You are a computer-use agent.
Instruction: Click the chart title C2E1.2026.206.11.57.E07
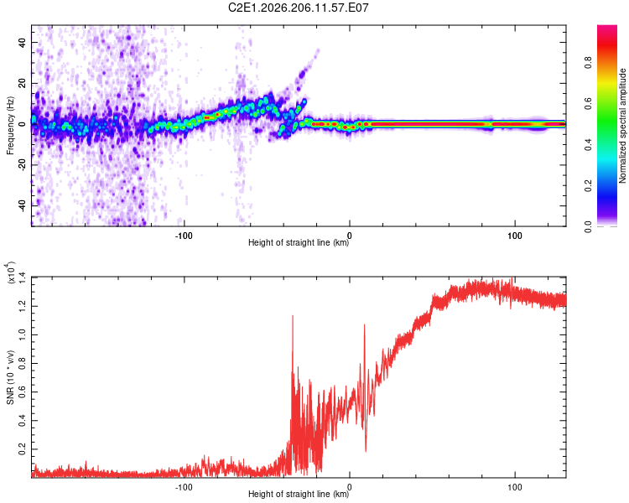click(298, 8)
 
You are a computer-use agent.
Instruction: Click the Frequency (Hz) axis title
click(10, 126)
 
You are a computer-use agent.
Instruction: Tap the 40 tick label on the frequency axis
click(22, 42)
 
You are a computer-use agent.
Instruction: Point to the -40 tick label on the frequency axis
click(22, 206)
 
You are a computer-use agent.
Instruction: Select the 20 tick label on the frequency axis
click(22, 83)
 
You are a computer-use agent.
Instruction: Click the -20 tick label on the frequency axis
click(22, 165)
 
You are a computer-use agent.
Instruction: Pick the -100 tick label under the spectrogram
click(184, 236)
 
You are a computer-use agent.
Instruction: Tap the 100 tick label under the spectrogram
click(515, 236)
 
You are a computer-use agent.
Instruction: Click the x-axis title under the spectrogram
click(299, 242)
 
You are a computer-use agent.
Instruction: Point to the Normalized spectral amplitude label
click(622, 126)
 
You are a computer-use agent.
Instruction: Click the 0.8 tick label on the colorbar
click(588, 63)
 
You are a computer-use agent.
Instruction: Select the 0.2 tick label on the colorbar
click(588, 186)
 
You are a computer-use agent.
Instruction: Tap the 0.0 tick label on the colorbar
click(588, 227)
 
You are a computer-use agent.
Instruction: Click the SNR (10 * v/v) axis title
click(10, 377)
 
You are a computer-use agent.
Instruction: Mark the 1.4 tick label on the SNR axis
click(22, 277)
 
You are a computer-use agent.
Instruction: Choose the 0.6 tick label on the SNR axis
click(22, 392)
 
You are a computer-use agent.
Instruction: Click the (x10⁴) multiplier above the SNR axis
click(10, 272)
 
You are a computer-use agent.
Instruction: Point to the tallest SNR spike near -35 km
click(293, 317)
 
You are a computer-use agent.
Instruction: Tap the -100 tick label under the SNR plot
click(184, 487)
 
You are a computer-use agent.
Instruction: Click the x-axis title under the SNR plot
click(299, 494)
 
